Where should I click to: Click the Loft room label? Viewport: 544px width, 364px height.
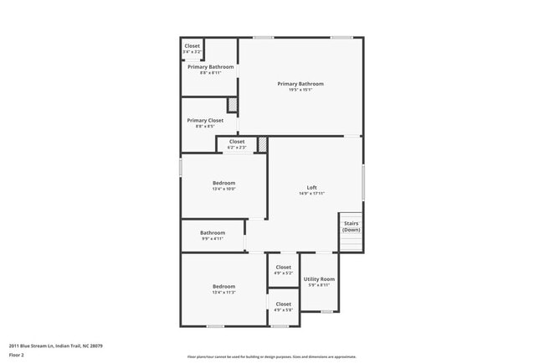tap(311, 187)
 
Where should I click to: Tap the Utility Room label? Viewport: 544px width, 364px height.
tap(319, 278)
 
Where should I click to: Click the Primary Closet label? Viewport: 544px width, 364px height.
tap(205, 120)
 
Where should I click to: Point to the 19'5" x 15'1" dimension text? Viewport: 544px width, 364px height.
tap(300, 90)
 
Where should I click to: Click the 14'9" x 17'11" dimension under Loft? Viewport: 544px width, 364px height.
tap(311, 194)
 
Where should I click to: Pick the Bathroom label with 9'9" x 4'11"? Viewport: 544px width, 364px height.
tap(213, 232)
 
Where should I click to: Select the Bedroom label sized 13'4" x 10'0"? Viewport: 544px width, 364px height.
tap(223, 183)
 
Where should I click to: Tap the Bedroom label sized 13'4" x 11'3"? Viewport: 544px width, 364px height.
tap(223, 286)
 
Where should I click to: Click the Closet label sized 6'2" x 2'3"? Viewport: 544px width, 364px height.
tap(237, 142)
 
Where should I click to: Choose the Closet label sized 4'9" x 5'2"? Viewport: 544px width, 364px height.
tap(284, 267)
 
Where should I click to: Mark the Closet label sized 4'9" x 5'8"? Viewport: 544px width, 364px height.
tap(284, 304)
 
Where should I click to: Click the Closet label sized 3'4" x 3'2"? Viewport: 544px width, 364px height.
tap(192, 46)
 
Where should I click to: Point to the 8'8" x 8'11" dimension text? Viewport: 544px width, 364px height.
tap(211, 73)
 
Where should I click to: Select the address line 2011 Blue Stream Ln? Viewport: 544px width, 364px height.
tap(56, 345)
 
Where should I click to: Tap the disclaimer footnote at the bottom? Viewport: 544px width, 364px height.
tap(271, 357)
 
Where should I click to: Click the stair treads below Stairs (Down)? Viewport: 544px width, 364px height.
tap(352, 242)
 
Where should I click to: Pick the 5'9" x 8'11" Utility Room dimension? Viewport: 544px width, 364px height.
tap(319, 285)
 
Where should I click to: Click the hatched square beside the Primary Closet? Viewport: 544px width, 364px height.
tap(233, 105)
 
